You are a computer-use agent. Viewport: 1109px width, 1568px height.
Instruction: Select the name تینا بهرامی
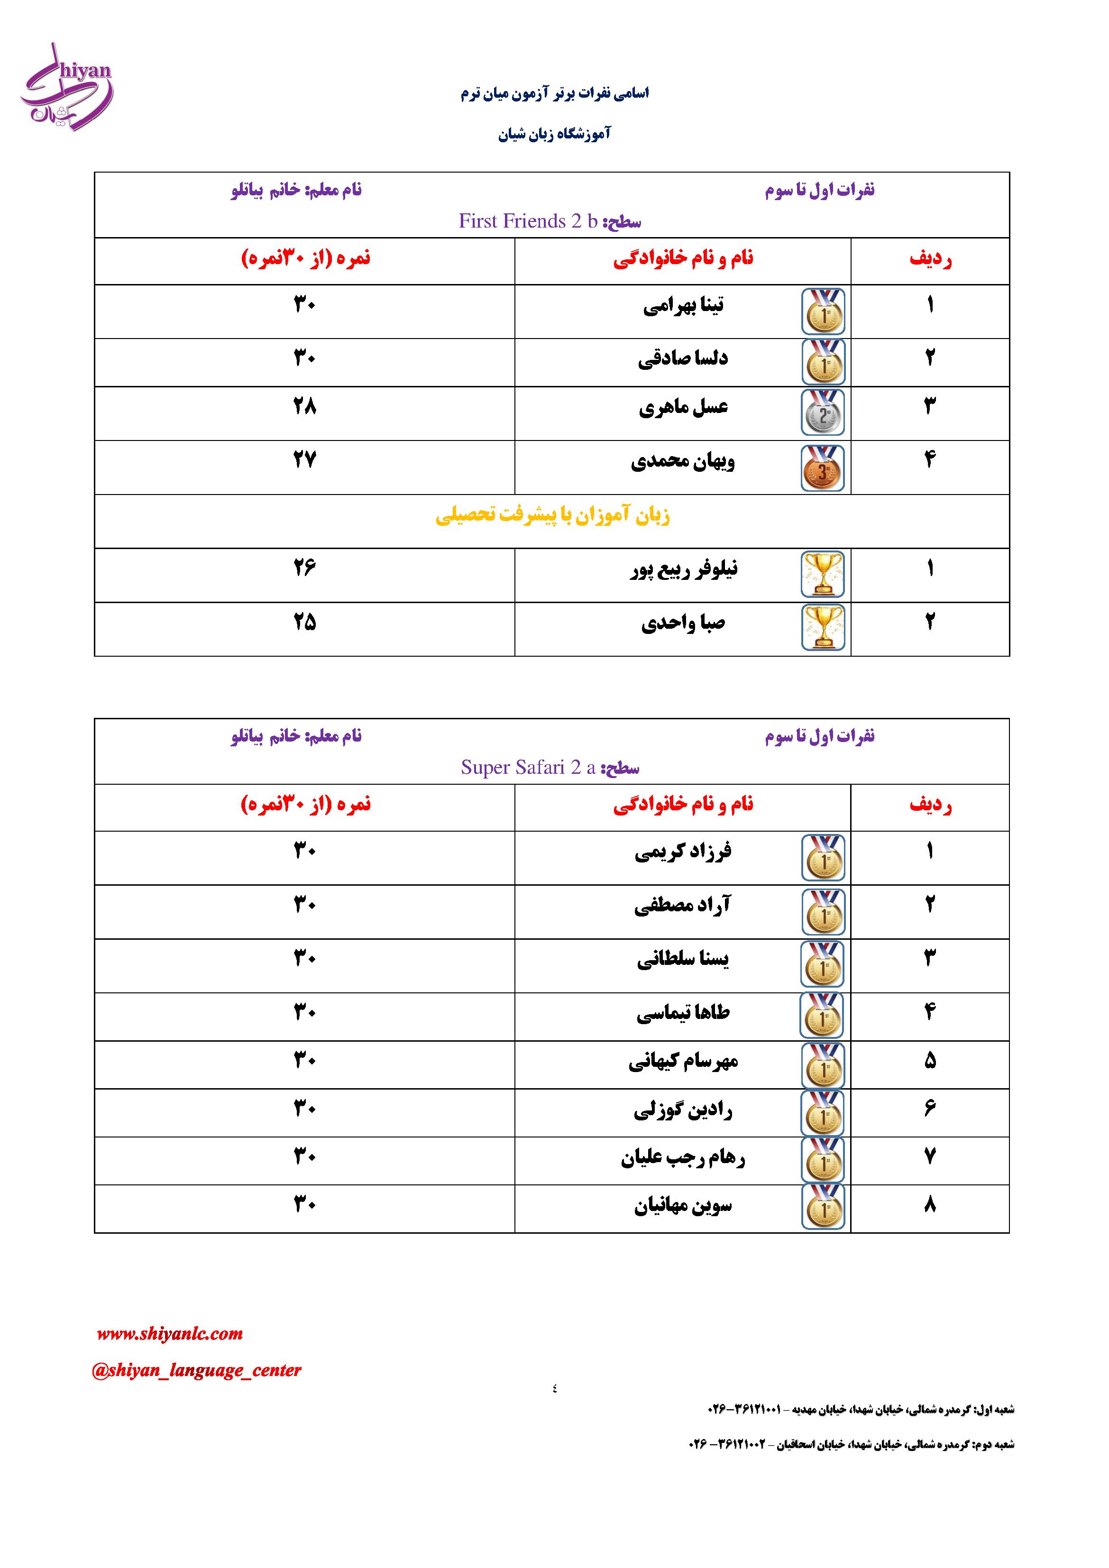pyautogui.click(x=683, y=306)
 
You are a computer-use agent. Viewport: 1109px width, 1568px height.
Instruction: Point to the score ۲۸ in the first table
pyautogui.click(x=304, y=407)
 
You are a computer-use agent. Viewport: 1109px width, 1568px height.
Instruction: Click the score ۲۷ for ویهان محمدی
pyautogui.click(x=304, y=459)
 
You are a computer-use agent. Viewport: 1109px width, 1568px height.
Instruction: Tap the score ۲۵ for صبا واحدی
pyautogui.click(x=304, y=622)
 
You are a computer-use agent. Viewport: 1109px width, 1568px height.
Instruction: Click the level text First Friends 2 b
pyautogui.click(x=528, y=221)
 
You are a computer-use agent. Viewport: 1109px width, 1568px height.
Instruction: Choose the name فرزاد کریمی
pyautogui.click(x=683, y=852)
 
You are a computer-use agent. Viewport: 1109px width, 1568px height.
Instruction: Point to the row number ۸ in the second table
pyautogui.click(x=929, y=1205)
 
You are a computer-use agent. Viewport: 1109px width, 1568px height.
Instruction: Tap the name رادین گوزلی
pyautogui.click(x=683, y=1110)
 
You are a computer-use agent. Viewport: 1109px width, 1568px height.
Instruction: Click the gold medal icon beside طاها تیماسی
pyautogui.click(x=822, y=1016)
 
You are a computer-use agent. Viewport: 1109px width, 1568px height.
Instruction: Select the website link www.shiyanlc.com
pyautogui.click(x=169, y=1334)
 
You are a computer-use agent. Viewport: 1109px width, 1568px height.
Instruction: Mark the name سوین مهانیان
pyautogui.click(x=683, y=1207)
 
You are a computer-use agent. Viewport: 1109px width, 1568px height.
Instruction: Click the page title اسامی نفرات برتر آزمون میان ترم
pyautogui.click(x=555, y=93)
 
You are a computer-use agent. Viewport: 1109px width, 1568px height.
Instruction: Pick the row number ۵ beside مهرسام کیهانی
pyautogui.click(x=929, y=1061)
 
